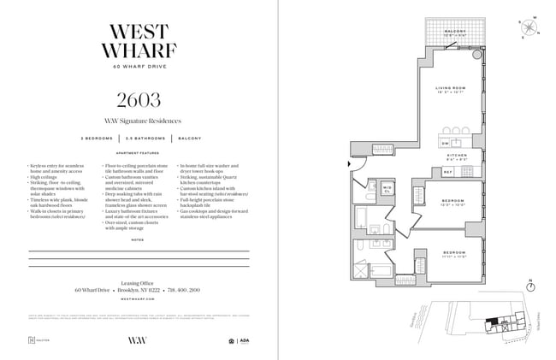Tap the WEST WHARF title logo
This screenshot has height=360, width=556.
click(139, 38)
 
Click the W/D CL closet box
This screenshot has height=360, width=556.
click(387, 189)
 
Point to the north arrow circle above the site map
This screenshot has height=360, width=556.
click(530, 283)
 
